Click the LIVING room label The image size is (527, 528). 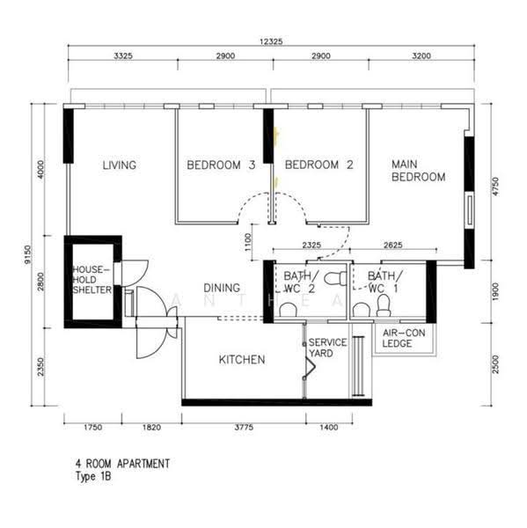119,165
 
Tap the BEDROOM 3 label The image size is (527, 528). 221,165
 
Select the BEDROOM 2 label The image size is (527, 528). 318,165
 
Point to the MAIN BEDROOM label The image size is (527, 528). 418,171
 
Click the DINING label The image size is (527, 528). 222,288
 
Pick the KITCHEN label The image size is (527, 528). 242,360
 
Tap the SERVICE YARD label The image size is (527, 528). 327,348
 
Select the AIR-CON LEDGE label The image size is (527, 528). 404,338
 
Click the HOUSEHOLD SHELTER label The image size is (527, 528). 91,280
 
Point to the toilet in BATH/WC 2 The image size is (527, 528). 335,278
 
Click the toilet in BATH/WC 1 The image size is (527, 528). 384,305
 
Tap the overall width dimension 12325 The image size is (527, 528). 271,41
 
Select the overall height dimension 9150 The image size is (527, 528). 28,254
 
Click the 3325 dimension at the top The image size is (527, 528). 123,56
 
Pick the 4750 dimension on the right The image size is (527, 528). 495,187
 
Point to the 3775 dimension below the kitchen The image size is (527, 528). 244,428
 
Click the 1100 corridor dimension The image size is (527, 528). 248,242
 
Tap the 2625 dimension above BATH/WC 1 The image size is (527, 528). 393,245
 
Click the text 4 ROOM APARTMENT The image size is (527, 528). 122,464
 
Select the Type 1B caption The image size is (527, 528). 93,476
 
